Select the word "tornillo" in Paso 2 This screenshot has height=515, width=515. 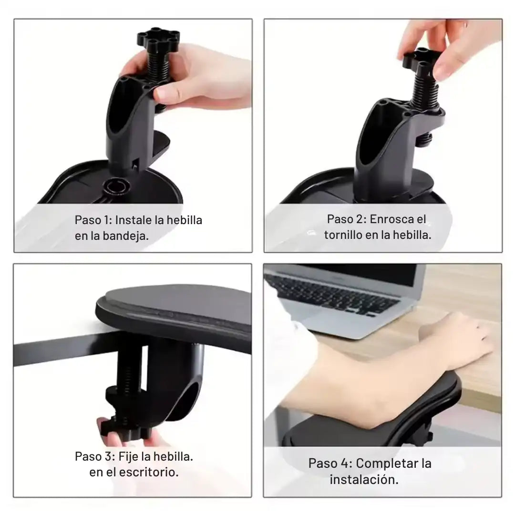343,235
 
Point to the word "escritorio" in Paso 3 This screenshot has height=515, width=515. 149,472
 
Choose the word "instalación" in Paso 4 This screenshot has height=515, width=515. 364,480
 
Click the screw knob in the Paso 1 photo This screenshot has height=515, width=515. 158,38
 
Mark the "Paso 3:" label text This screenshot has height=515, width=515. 95,456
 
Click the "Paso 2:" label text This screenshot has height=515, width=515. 347,219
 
